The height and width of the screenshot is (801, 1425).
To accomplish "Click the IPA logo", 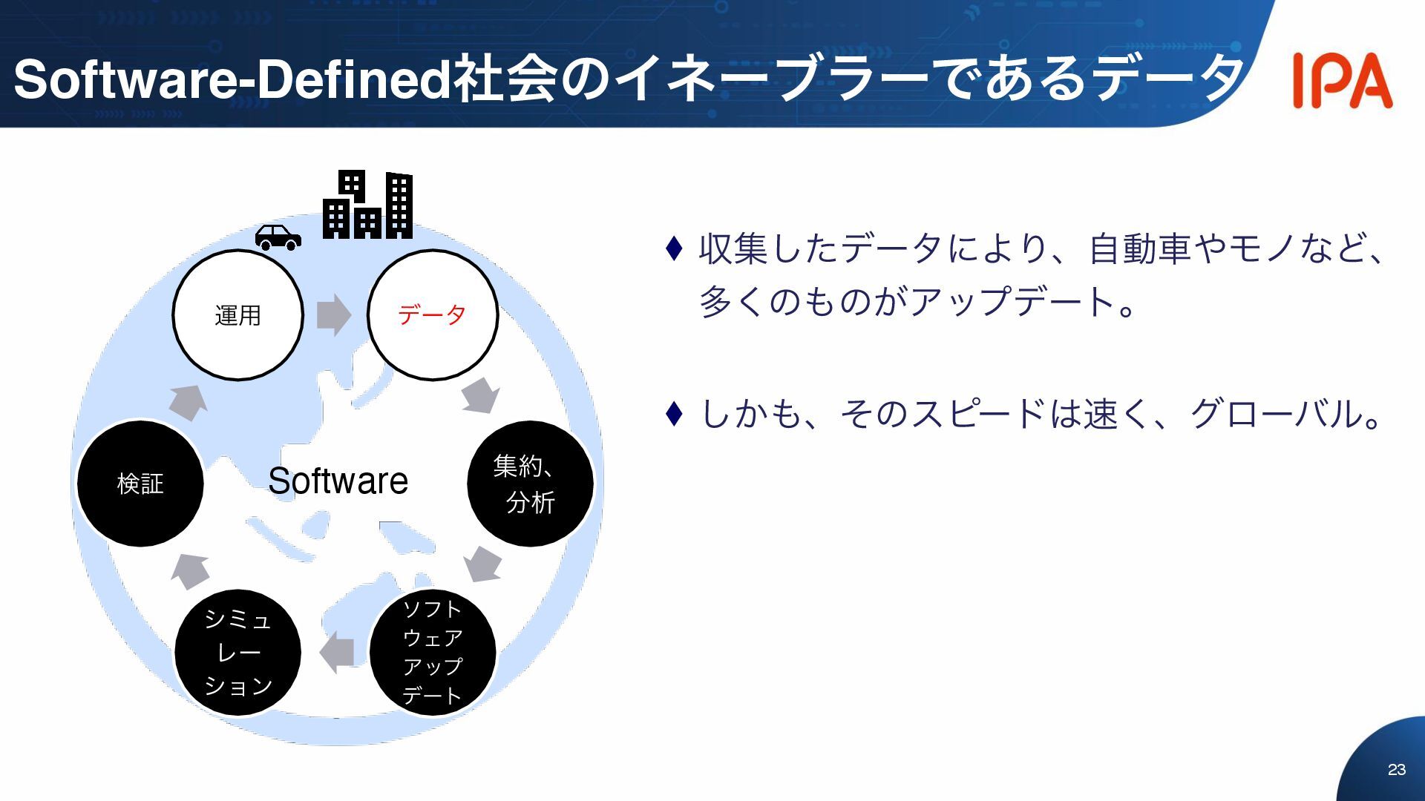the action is (x=1342, y=80).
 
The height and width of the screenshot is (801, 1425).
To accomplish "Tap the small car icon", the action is (x=278, y=237).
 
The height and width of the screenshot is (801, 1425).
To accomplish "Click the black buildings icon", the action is (x=367, y=205).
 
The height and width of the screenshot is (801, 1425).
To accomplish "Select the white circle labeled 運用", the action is (x=238, y=315).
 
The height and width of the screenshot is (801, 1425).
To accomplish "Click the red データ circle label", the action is (x=432, y=315).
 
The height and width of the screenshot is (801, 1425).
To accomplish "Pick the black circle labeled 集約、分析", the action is (x=530, y=484).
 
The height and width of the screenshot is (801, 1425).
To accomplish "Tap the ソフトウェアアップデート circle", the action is (x=433, y=653).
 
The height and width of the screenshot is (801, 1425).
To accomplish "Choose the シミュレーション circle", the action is (x=238, y=653).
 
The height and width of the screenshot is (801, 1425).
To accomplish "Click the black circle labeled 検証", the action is (x=140, y=484).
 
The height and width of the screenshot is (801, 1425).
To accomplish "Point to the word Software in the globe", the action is (x=338, y=481).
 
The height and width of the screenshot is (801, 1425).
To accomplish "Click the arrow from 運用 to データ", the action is (x=334, y=315).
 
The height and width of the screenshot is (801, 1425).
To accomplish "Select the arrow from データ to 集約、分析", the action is (x=480, y=395).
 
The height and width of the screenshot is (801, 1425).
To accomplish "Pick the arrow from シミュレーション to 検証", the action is (x=190, y=572).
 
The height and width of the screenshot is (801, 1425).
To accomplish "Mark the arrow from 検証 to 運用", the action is (x=189, y=403).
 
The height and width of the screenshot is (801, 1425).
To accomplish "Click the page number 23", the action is (x=1396, y=770).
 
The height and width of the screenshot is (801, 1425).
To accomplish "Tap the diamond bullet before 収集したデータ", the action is (x=674, y=248).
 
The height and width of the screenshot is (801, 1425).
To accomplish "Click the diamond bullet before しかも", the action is (x=674, y=414).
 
